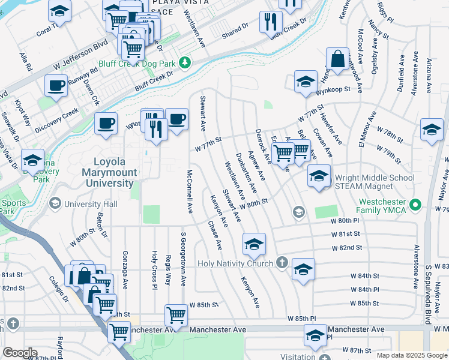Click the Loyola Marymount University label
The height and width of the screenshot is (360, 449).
click(113, 172)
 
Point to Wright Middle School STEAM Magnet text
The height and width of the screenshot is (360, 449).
click(375, 182)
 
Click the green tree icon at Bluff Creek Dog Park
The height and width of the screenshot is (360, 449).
click(185, 62)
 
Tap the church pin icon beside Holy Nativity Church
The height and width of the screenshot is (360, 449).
click(282, 263)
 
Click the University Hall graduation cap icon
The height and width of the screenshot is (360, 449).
click(55, 204)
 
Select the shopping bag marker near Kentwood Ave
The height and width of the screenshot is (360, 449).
click(338, 60)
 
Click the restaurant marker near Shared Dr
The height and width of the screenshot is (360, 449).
click(271, 23)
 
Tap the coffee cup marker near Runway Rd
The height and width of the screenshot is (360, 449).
click(56, 86)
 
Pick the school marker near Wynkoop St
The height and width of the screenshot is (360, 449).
click(306, 82)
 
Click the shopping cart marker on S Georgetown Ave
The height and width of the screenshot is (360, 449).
click(176, 315)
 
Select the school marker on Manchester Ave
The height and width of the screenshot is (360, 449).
click(315, 335)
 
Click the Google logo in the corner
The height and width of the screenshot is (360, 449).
click(20, 353)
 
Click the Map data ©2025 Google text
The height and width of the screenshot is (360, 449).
click(411, 355)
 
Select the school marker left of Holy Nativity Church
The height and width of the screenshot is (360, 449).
click(254, 244)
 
